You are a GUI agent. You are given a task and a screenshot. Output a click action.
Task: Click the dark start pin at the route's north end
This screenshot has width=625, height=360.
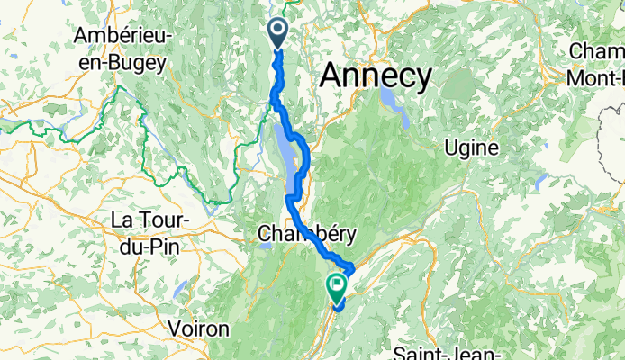(276, 33)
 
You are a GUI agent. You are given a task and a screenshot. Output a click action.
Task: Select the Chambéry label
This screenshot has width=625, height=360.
(306, 234)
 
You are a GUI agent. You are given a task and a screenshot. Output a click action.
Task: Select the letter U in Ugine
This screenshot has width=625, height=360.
(450, 148)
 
